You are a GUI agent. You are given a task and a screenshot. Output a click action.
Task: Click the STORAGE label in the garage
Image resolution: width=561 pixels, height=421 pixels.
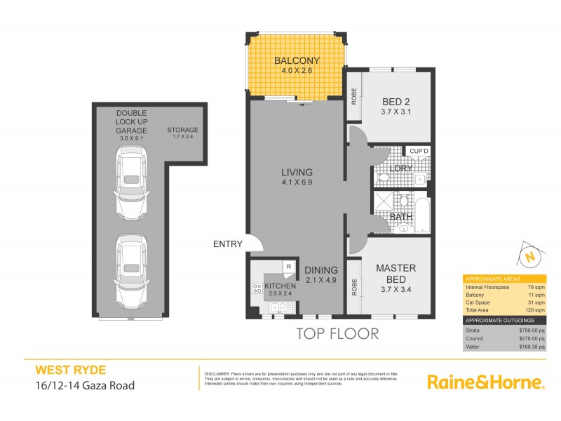pyautogui.click(x=182, y=131)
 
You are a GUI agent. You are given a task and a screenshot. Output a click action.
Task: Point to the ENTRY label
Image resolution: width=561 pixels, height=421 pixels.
pyautogui.click(x=228, y=245)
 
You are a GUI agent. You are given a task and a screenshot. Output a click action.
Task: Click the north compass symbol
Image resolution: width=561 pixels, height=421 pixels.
pyautogui.click(x=530, y=256)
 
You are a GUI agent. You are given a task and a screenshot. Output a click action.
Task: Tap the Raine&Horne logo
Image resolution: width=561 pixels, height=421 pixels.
pyautogui.click(x=485, y=382)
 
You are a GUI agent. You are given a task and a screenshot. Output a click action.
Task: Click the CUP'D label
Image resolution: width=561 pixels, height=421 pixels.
pyautogui.click(x=419, y=151)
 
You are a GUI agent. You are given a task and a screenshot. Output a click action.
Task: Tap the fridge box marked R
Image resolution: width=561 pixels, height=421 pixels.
pyautogui.click(x=288, y=266)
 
